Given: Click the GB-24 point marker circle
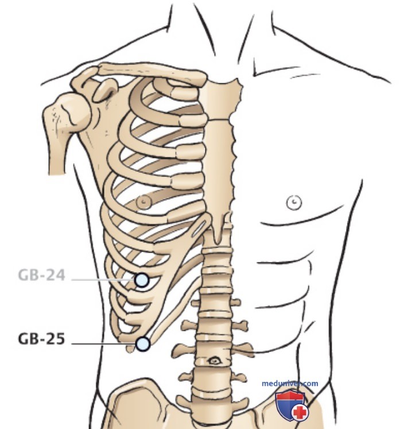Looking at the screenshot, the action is click(x=142, y=280).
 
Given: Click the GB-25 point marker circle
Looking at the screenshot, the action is click(x=143, y=344).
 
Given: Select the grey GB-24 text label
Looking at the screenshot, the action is click(x=41, y=275).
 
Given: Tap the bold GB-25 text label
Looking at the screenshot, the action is click(x=41, y=339).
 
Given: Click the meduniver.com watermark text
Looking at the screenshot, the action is click(x=290, y=383).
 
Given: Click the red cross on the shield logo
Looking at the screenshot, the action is click(x=300, y=412).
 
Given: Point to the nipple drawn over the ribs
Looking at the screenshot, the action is click(x=144, y=202).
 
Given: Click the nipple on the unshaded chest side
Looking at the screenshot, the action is click(x=294, y=203).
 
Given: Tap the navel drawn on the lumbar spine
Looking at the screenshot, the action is click(x=214, y=361).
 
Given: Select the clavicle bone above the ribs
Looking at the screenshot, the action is click(x=152, y=72).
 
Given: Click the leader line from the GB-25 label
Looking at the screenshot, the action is click(x=103, y=344).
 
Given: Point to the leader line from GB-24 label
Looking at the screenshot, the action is click(x=103, y=280).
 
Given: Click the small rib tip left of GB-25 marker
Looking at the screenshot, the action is click(x=130, y=348).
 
